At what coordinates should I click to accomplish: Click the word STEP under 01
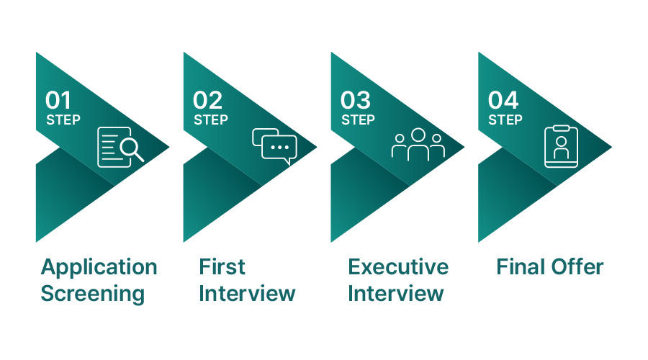(63, 120)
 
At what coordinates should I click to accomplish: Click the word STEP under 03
(358, 120)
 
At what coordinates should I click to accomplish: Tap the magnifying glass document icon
(120, 146)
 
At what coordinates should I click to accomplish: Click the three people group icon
(418, 144)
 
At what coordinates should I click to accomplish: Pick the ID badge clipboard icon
(561, 146)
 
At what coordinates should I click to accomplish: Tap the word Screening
(92, 294)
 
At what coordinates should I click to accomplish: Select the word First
(222, 267)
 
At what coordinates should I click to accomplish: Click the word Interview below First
(247, 294)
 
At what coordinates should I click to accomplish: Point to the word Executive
(398, 267)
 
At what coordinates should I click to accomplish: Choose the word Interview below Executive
(396, 294)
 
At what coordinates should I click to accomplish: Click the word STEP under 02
(210, 120)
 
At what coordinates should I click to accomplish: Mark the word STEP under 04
(505, 120)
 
